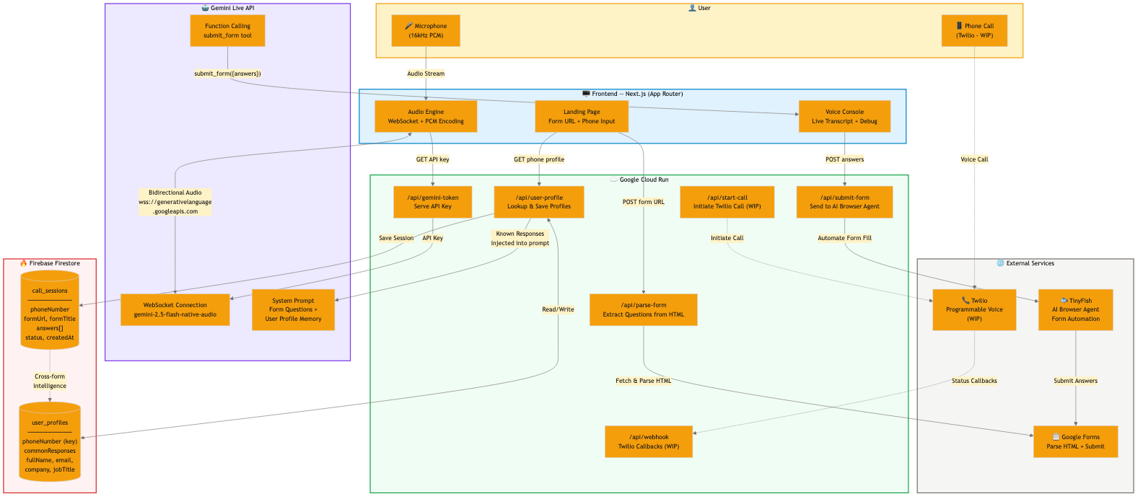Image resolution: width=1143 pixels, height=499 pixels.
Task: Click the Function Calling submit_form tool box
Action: coord(227,30)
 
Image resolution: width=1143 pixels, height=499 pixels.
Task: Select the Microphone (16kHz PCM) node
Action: coord(426,30)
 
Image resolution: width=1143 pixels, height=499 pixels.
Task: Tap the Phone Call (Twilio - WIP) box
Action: coord(974,30)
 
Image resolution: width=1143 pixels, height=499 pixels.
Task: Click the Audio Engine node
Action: coord(426,116)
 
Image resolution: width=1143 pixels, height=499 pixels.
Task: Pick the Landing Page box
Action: coord(582,116)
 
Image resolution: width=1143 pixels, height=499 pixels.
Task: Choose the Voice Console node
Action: coord(844,116)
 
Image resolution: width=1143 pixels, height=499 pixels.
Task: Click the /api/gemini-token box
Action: coord(432,202)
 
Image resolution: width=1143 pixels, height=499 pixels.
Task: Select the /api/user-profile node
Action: coord(539,202)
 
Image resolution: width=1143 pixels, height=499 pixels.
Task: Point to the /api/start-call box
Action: coord(727,202)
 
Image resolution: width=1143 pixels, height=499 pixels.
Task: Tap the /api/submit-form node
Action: coord(844,202)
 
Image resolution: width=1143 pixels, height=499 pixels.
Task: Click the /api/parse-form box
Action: coord(644,309)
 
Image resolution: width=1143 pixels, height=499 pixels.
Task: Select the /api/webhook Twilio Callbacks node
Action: coord(649,441)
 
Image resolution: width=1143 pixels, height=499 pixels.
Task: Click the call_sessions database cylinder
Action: coord(50,310)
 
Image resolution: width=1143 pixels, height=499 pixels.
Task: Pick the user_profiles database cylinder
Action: coord(50,442)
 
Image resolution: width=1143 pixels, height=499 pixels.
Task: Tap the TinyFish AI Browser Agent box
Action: coord(1075,309)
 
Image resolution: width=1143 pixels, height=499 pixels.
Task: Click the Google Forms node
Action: coord(1075,441)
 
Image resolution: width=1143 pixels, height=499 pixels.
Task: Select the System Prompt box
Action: coord(293,309)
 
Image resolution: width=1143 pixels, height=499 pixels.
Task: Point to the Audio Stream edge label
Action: coord(426,74)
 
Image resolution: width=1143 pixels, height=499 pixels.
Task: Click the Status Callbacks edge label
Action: coord(974,381)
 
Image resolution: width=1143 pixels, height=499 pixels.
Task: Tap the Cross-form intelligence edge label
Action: coord(50,381)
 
